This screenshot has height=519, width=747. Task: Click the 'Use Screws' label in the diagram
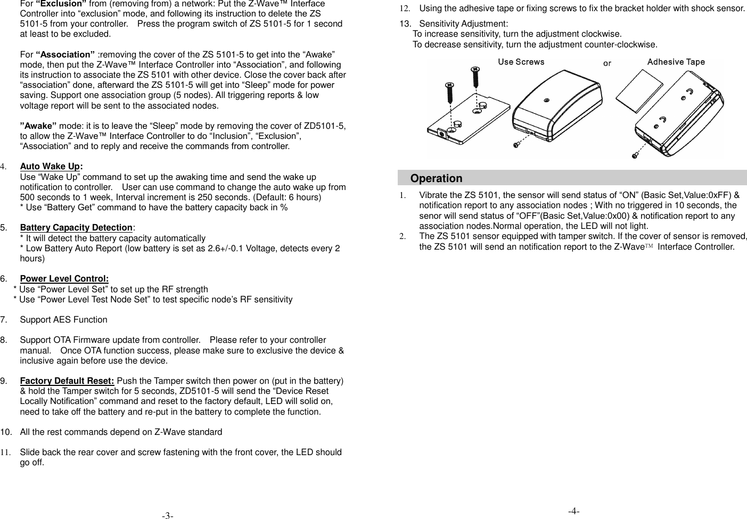(x=521, y=62)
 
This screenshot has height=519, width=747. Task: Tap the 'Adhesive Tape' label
(x=676, y=62)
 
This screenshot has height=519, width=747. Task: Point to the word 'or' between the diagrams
(x=607, y=63)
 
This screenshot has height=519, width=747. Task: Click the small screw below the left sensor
(x=516, y=144)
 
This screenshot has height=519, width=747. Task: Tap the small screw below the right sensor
(x=635, y=155)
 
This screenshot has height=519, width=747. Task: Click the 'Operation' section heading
(x=436, y=178)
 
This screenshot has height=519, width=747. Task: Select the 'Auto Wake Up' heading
(x=51, y=167)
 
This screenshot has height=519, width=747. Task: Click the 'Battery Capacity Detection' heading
(x=76, y=228)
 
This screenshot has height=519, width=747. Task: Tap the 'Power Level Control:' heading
(x=64, y=279)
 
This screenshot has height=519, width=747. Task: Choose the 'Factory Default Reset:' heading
(x=67, y=381)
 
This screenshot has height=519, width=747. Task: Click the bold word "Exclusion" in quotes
(x=61, y=4)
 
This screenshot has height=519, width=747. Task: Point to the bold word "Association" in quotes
(x=65, y=55)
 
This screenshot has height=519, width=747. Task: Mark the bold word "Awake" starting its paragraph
(x=38, y=126)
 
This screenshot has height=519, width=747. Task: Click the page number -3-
(x=168, y=515)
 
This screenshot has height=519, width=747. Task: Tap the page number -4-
(x=573, y=511)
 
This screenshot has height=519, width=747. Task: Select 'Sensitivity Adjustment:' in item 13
(x=463, y=24)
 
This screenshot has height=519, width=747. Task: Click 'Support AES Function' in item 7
(x=63, y=320)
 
